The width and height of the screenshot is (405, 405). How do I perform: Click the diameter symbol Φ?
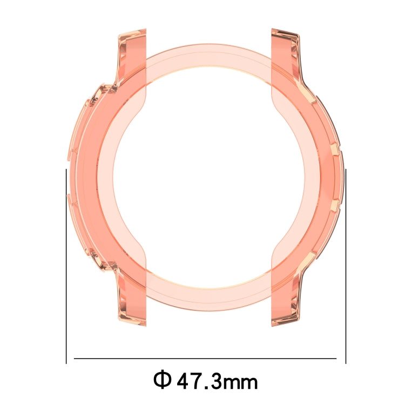tap(162, 380)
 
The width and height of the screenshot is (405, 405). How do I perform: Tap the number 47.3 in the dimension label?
tap(199, 381)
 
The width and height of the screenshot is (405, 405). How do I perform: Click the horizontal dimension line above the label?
tap(205, 358)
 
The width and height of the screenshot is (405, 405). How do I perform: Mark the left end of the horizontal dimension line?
tap(75, 358)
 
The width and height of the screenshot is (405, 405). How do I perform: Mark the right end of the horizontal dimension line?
tap(336, 358)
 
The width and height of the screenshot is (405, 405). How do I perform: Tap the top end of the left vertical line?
tap(66, 170)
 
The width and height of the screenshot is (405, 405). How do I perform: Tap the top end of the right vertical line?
tap(346, 170)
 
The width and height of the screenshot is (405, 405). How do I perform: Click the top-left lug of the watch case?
tap(130, 54)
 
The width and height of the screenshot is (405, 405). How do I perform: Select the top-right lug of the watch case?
tap(285, 54)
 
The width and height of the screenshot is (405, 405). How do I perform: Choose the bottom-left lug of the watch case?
tap(130, 302)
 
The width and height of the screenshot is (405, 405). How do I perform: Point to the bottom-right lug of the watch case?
tap(285, 302)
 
